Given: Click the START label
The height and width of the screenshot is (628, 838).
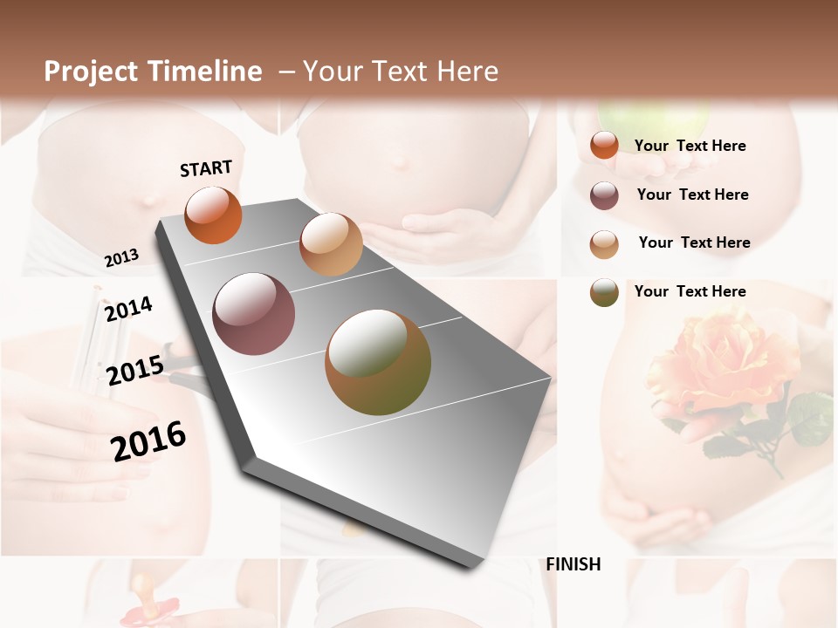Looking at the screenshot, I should coord(206,168).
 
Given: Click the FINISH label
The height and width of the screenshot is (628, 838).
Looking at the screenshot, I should coord(574,564).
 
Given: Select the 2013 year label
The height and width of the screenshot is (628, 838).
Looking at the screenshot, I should coord(121,258).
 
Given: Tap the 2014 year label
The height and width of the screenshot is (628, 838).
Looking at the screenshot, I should coord(128,309).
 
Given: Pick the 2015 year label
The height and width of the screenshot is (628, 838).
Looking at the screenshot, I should coord(135,371).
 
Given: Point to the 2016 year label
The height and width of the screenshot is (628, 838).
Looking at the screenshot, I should coord(148,440).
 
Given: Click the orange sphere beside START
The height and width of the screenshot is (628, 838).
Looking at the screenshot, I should coord(214,215).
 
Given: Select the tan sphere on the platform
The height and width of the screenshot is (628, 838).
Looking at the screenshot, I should coord(331,244).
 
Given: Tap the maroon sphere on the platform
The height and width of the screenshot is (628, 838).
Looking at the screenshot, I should coord(254,314).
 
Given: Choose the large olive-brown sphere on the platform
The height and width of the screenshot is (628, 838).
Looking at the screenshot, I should coord(378,362).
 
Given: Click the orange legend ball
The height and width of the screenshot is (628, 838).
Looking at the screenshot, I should coord(604,145).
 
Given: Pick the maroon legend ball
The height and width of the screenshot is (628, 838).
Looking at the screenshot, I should coord(604,195).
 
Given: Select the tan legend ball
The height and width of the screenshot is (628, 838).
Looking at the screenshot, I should coord(604,244).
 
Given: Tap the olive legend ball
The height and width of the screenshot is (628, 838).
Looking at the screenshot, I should coord(604,292).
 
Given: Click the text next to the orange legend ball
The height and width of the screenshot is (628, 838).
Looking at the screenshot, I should coord(690,146).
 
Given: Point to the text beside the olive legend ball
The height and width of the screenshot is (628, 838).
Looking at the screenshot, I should coord(690,291).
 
